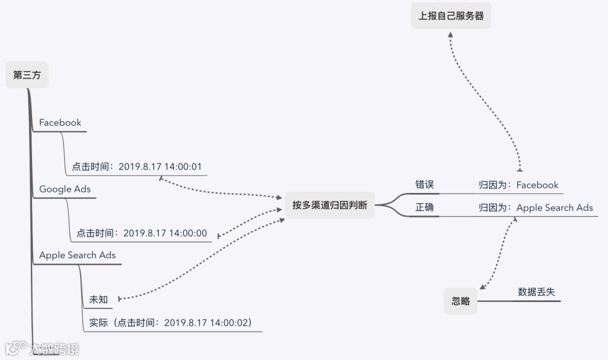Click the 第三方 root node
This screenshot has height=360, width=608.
(27, 75)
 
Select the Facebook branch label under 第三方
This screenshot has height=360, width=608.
(60, 123)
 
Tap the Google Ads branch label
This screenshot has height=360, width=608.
(65, 189)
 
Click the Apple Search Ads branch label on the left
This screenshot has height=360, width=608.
(77, 255)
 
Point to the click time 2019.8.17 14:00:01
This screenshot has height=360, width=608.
(137, 166)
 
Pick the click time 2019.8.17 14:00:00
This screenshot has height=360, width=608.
(141, 233)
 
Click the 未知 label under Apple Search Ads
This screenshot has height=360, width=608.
(99, 299)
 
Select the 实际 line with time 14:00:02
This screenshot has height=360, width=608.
(170, 322)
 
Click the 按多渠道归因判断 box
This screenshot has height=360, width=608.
(329, 205)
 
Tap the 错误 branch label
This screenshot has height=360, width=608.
(424, 184)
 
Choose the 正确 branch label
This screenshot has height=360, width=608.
(424, 207)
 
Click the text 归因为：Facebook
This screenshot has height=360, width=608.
(518, 184)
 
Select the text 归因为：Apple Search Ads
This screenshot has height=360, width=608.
(535, 208)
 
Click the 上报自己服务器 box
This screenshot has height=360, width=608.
(451, 16)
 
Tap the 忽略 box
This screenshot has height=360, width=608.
(461, 301)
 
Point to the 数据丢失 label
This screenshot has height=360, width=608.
(536, 292)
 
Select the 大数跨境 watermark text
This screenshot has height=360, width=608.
(54, 349)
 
